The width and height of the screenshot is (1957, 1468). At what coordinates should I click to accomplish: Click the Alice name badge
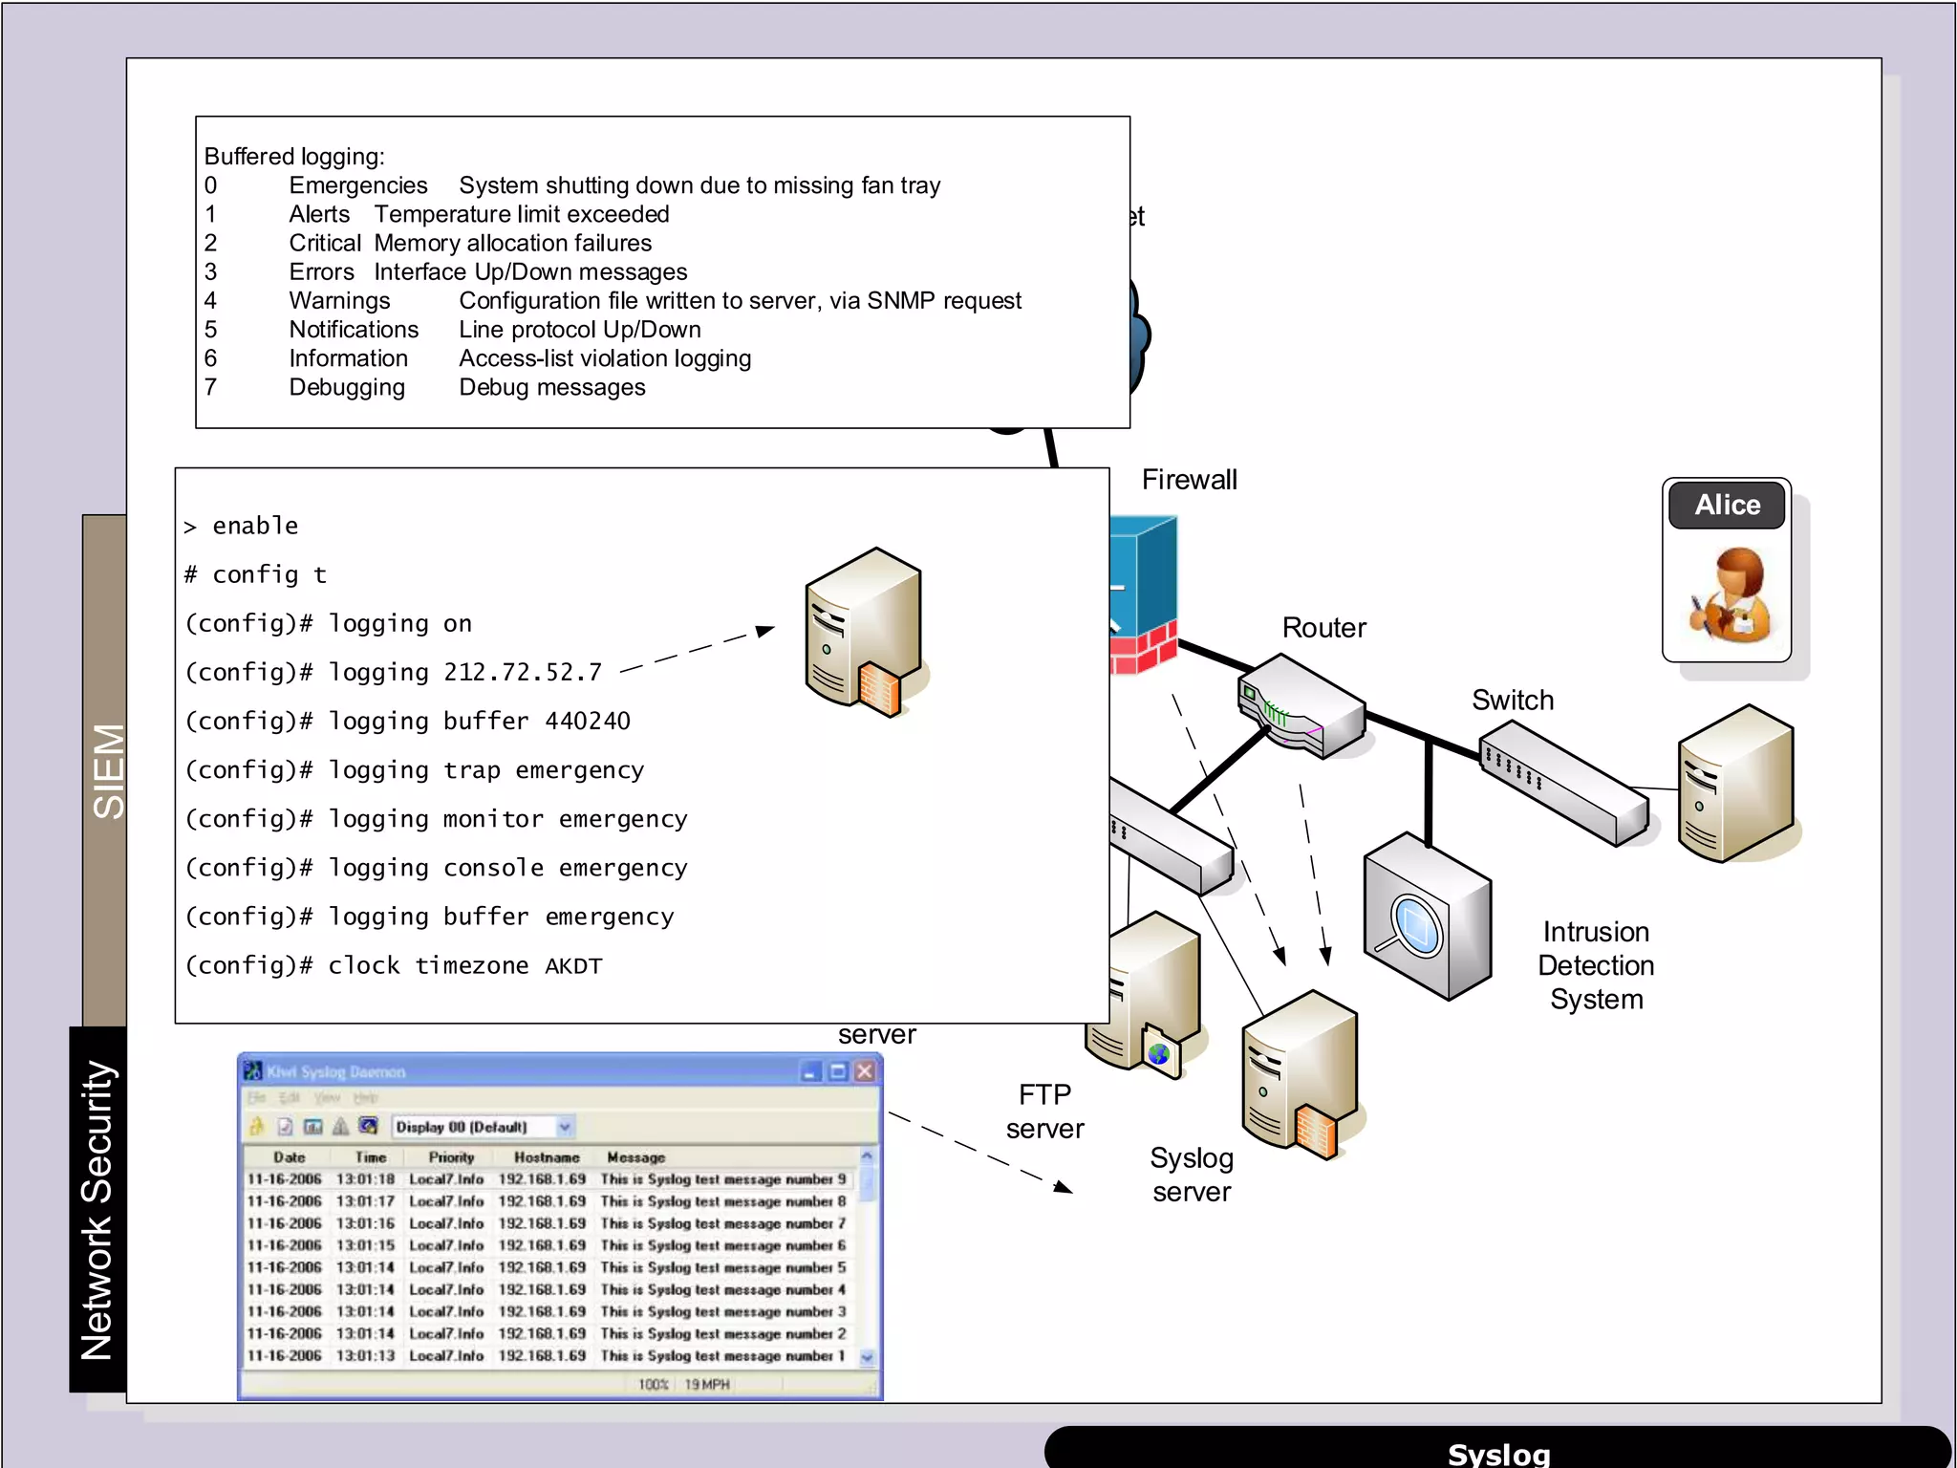pos(1726,505)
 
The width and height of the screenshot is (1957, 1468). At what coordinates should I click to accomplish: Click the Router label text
pos(1323,628)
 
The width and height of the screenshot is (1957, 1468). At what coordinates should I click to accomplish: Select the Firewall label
pos(1189,480)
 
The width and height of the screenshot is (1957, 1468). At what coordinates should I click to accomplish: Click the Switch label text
pos(1512,701)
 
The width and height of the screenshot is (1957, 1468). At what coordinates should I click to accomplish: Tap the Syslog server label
pos(1192,1175)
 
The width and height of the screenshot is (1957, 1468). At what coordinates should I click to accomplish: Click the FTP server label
pos(1044,1112)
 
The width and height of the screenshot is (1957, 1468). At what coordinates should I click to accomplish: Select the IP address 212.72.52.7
pos(523,673)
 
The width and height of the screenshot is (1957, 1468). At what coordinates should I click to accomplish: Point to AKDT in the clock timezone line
pos(573,966)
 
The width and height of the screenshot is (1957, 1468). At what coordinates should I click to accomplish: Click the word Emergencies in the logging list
pos(358,185)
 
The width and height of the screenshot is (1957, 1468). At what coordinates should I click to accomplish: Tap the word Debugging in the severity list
pos(347,388)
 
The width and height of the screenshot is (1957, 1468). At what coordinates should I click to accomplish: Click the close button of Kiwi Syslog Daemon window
pos(865,1071)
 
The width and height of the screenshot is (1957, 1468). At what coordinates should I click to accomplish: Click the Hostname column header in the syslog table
pos(547,1157)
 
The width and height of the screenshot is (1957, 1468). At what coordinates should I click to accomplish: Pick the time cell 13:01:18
pos(365,1179)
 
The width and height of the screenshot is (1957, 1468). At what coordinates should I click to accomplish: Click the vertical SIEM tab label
pos(107,770)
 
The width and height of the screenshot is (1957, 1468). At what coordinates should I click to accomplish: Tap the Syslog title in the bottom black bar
pos(1498,1454)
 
